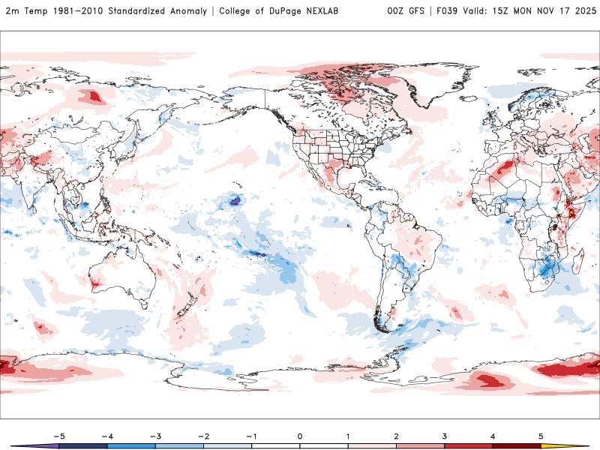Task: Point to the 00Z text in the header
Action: pos(397,11)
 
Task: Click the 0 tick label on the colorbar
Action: pos(300,435)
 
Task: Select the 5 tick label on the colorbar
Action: pos(541,435)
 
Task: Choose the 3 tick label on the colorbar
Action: pos(444,435)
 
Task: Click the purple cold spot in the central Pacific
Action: pos(235,201)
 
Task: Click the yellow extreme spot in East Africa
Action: pos(572,212)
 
